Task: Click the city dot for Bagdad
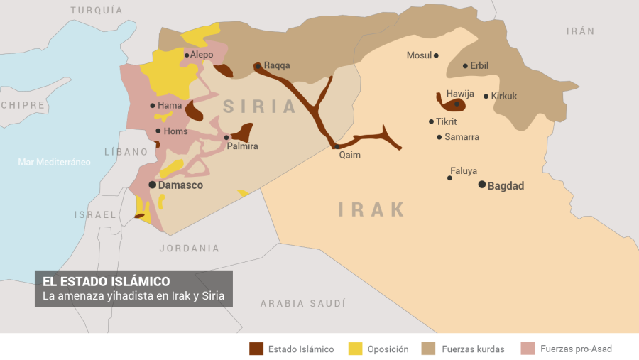pos(482,185)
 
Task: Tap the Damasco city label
pos(180,185)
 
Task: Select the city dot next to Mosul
pos(436,55)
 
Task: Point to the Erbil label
pos(479,66)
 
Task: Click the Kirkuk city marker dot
pos(486,97)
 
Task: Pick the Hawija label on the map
pos(460,94)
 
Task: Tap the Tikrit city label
pos(447,122)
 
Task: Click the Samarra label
pos(461,137)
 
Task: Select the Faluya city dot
pos(449,178)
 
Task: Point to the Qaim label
pos(349,156)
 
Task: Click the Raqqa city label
pos(277,65)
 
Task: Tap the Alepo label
pos(202,55)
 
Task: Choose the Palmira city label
pos(242,146)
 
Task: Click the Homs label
pos(175,131)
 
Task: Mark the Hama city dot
pos(153,106)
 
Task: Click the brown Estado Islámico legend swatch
pos(256,349)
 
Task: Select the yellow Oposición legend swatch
pos(355,349)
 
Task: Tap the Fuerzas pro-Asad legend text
pos(576,349)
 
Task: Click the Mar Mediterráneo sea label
pos(54,163)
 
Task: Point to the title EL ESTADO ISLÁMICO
pos(106,281)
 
